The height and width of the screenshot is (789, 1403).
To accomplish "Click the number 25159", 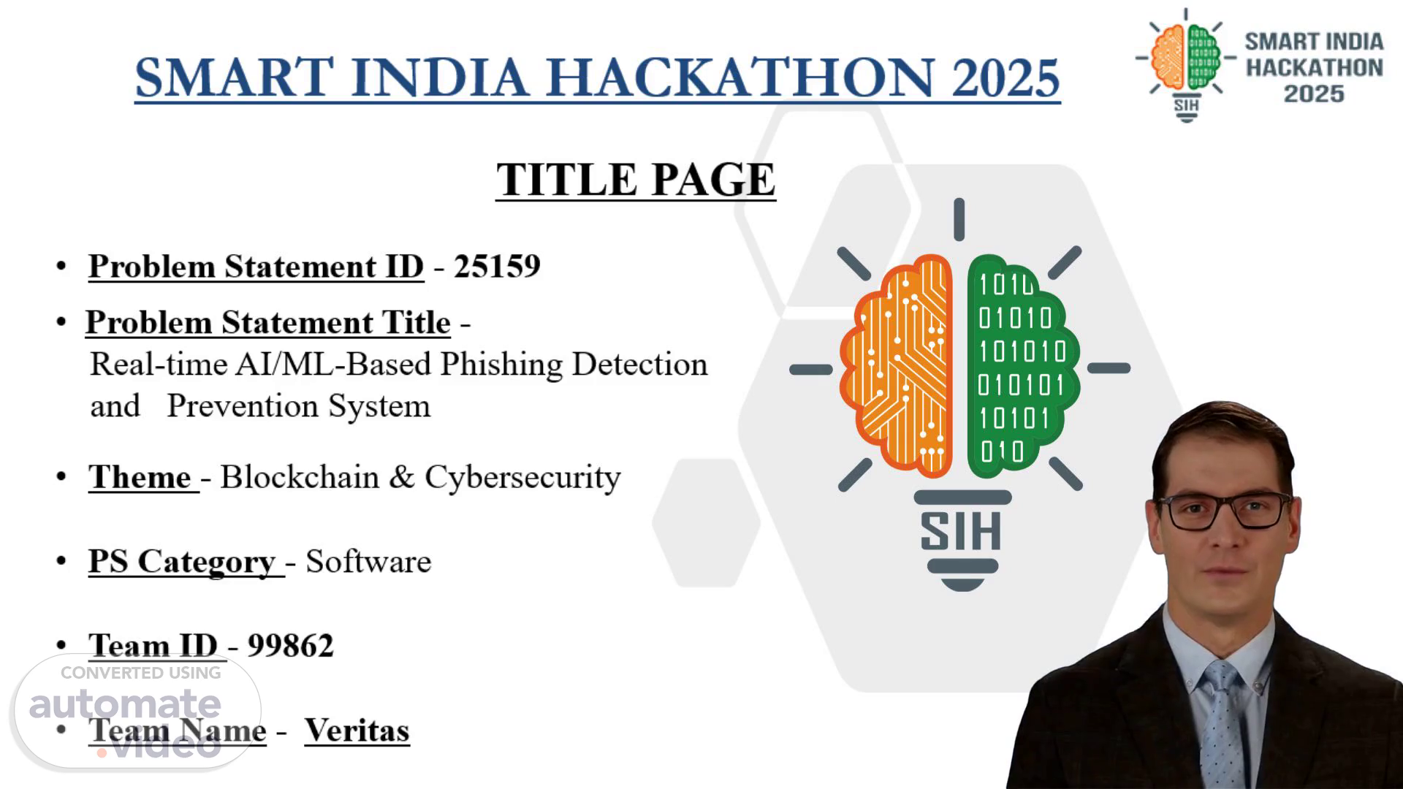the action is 497,267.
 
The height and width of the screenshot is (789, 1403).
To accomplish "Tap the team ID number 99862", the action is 290,646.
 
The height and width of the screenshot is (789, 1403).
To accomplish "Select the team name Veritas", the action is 357,730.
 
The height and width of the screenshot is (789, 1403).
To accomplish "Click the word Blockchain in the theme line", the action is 300,477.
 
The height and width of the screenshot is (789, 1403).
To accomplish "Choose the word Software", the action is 368,562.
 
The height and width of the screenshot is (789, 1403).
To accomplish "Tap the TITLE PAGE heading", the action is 636,179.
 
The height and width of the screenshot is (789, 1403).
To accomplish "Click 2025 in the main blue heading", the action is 1005,77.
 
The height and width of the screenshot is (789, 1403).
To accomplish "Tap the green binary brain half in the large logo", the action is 1022,365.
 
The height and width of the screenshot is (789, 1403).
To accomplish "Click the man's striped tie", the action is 1222,723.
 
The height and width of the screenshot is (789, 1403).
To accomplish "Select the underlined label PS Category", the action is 182,563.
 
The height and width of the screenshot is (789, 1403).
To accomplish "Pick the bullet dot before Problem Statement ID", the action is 61,266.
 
